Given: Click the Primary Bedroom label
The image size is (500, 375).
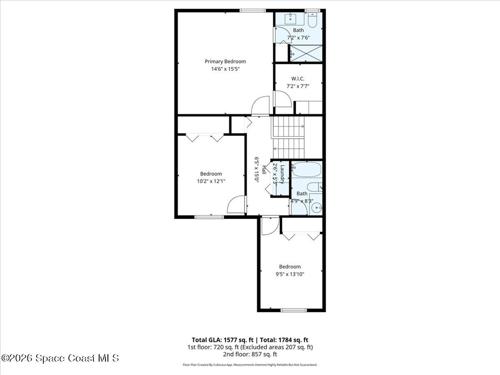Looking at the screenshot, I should [x=225, y=62].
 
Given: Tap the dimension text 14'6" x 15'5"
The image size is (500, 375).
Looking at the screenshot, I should [x=225, y=69].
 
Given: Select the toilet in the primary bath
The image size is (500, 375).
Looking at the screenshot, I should [x=312, y=20].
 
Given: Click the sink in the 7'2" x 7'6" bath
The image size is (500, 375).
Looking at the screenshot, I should [x=286, y=20].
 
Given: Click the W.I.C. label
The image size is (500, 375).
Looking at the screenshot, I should [x=298, y=79].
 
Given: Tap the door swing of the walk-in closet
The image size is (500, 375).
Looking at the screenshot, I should [x=283, y=99].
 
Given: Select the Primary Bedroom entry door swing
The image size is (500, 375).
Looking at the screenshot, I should [x=261, y=105].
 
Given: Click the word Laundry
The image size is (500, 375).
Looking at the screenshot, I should [x=282, y=174].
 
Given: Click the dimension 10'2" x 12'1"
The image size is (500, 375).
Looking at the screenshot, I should [x=211, y=181].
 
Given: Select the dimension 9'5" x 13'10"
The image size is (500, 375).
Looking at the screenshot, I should [x=290, y=274].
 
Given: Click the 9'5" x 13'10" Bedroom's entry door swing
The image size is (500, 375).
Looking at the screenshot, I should [x=270, y=226].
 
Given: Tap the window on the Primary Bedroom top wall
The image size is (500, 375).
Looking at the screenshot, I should [x=252, y=10].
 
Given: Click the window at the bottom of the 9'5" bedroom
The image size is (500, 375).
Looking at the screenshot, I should [x=293, y=310].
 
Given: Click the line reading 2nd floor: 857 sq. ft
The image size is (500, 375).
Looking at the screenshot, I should [x=250, y=354].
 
